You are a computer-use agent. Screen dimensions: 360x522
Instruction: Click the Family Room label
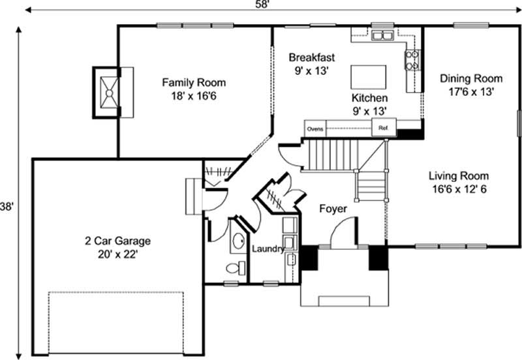pyautogui.click(x=194, y=83)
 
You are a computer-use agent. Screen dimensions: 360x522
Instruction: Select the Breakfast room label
pyautogui.click(x=313, y=57)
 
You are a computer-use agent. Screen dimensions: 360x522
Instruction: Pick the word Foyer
pyautogui.click(x=332, y=209)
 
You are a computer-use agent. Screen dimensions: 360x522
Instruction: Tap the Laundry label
pyautogui.click(x=267, y=248)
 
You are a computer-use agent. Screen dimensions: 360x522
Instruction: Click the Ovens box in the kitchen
pyautogui.click(x=315, y=128)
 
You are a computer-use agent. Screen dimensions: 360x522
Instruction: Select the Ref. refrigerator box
pyautogui.click(x=384, y=128)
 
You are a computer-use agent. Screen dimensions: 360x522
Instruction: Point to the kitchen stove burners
pyautogui.click(x=412, y=60)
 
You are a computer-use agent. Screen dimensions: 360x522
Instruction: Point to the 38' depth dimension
pyautogui.click(x=7, y=206)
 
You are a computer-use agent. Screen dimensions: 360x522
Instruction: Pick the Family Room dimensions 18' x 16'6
pyautogui.click(x=194, y=95)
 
